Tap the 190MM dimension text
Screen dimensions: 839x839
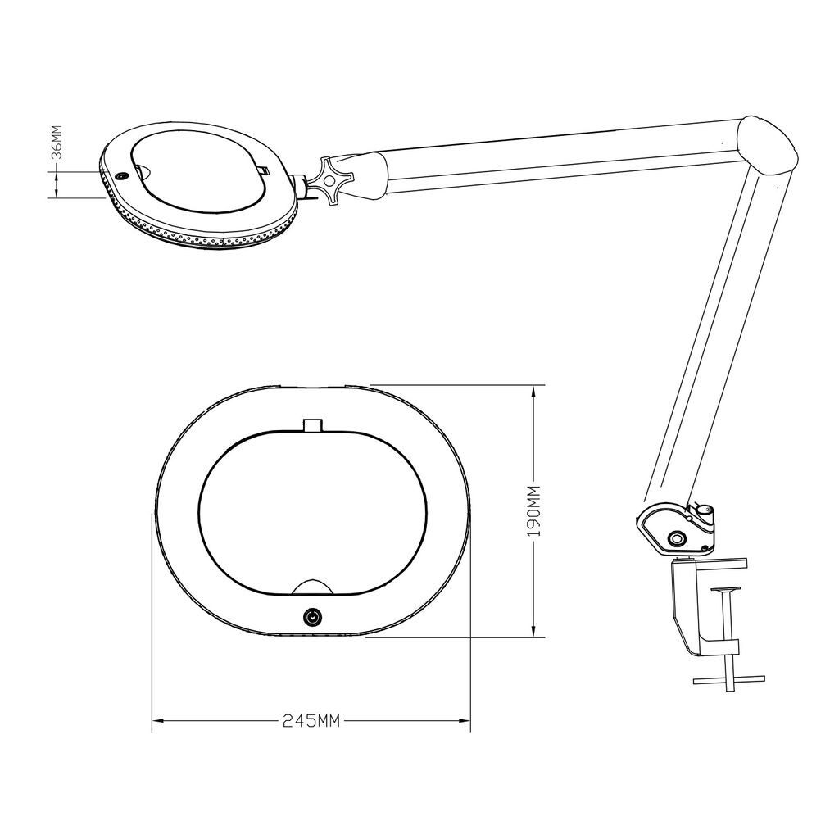click(x=534, y=511)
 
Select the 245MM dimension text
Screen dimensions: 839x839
click(x=311, y=721)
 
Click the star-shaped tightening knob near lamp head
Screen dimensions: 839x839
click(x=330, y=179)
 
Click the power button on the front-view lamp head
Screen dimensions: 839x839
click(x=311, y=618)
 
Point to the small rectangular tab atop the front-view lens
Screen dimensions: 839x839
click(x=314, y=425)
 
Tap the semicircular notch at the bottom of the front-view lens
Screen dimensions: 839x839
click(x=313, y=587)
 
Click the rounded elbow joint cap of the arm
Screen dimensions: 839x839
click(x=767, y=146)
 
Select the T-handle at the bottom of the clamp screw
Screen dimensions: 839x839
click(x=728, y=681)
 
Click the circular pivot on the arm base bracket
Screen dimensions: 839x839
click(x=678, y=537)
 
